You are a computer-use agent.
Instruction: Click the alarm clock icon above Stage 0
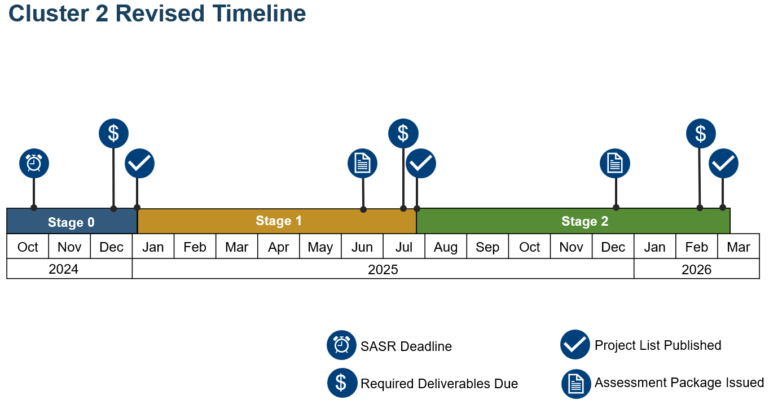pos(34,163)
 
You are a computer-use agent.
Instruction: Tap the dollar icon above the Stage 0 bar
pos(113,133)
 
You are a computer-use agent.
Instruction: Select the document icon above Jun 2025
pos(363,163)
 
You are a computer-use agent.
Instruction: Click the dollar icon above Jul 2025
pos(403,133)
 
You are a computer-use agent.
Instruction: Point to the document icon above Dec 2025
pos(615,163)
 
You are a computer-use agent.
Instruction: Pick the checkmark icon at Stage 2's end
pos(723,163)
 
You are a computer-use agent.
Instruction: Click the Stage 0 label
pos(71,222)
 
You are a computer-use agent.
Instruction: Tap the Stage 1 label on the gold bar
pos(279,221)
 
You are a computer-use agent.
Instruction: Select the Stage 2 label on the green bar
pos(585,221)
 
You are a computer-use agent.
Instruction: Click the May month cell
pos(320,246)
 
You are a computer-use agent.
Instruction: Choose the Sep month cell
pos(487,246)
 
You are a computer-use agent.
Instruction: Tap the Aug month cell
pos(446,246)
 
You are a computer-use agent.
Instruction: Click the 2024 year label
pos(64,269)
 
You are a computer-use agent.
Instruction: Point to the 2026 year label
pos(697,270)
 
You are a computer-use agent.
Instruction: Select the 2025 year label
pos(383,270)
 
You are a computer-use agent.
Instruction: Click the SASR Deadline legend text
pos(406,346)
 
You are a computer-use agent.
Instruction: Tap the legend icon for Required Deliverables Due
pos(342,383)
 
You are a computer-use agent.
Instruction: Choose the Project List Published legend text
pos(658,345)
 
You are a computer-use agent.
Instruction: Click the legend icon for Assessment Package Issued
pos(576,384)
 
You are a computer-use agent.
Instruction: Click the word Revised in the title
pos(160,14)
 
